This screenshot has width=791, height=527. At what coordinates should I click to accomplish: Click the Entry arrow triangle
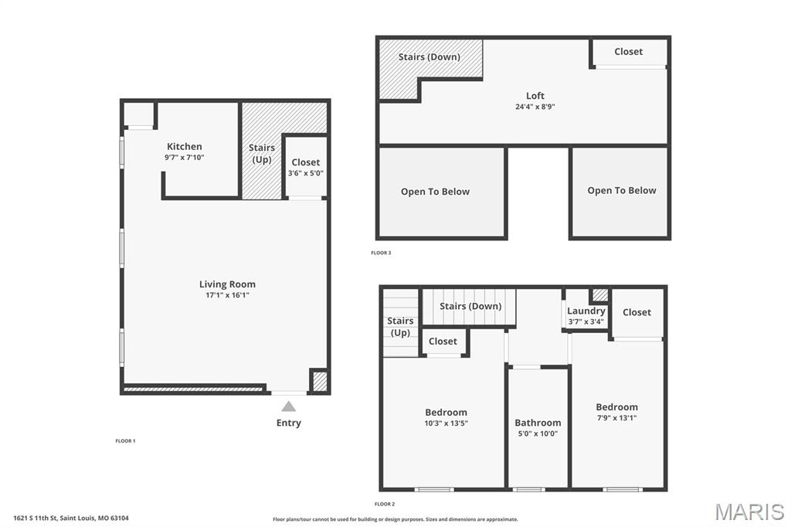(288, 406)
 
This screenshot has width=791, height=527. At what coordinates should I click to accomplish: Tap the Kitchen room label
(185, 146)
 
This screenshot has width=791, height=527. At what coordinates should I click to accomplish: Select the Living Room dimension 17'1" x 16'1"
(227, 295)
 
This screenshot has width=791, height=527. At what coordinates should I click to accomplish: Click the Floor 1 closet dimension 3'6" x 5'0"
(305, 173)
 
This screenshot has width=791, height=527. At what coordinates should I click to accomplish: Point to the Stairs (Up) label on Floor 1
(262, 153)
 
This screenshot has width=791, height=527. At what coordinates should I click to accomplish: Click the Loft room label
(535, 96)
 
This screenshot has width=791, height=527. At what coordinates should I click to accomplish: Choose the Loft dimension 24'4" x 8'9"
(535, 107)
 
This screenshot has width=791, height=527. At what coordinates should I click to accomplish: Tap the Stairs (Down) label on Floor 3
(429, 56)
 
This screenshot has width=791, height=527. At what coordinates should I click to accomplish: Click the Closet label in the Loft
(628, 51)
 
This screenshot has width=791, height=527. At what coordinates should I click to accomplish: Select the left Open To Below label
(435, 192)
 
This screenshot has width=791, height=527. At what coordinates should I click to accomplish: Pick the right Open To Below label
(621, 190)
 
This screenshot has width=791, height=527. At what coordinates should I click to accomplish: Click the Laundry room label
(586, 311)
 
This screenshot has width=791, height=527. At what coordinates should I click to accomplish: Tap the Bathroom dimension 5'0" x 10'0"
(538, 433)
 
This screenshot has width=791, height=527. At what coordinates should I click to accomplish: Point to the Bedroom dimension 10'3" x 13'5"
(446, 423)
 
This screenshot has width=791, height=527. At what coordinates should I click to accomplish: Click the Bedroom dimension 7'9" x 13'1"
(616, 417)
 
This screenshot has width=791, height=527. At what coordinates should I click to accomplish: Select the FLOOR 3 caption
(381, 253)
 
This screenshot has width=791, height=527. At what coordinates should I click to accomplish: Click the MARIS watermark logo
(749, 512)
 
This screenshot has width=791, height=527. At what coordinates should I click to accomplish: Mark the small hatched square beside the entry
(319, 381)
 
